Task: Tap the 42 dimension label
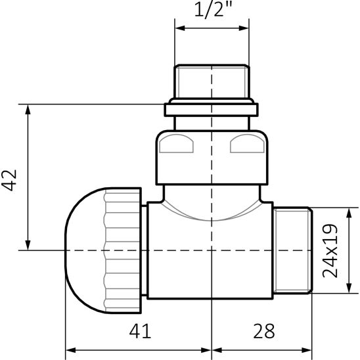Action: (x=9, y=180)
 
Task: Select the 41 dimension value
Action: (x=140, y=330)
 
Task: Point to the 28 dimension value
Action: (x=264, y=330)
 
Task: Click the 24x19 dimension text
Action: (x=330, y=250)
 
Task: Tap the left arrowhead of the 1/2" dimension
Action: (x=180, y=28)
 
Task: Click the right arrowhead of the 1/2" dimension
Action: (x=244, y=28)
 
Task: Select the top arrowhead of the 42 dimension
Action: (x=28, y=110)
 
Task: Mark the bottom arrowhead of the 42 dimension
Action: (x=28, y=245)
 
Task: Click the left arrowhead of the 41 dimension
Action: (x=71, y=350)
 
